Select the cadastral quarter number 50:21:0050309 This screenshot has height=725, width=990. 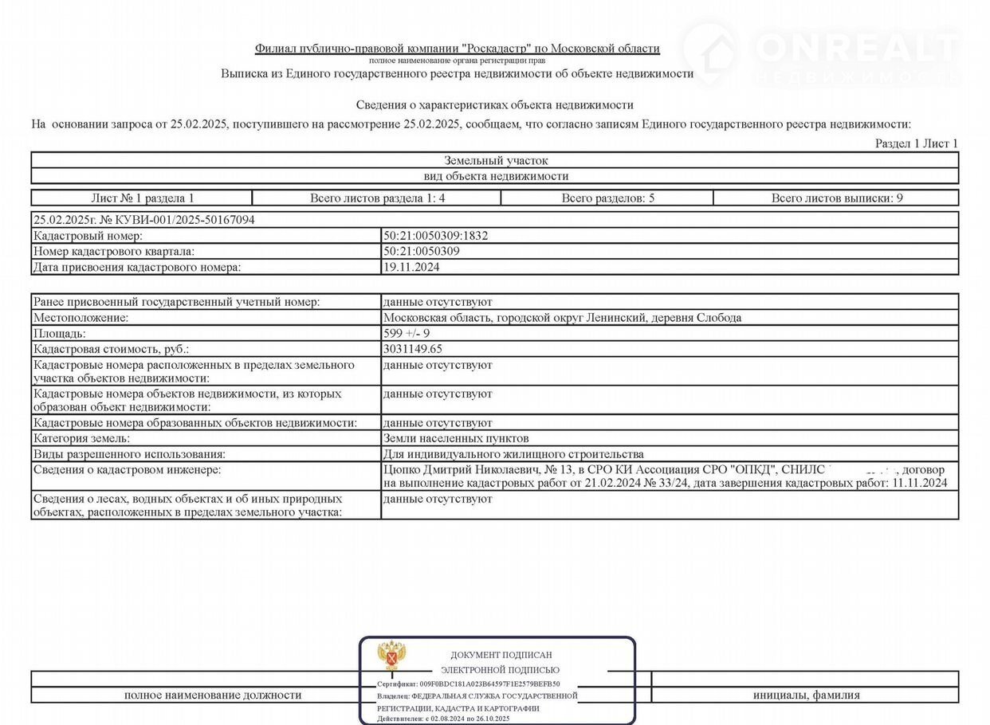tap(421, 251)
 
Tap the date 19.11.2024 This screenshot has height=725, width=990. tap(411, 267)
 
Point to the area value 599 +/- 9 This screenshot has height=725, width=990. tap(407, 334)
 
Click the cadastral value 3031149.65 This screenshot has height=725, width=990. tap(413, 349)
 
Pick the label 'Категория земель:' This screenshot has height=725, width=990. tap(81, 438)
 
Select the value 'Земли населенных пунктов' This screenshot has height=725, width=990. tap(456, 438)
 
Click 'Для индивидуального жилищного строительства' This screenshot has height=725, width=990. tap(513, 454)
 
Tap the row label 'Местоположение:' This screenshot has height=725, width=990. tap(81, 318)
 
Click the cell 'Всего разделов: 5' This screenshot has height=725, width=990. tap(607, 198)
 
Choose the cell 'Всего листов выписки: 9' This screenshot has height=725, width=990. tap(836, 198)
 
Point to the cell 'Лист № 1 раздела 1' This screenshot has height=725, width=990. tap(142, 198)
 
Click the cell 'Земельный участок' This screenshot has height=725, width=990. tap(495, 160)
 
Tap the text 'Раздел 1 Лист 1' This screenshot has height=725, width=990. tap(917, 143)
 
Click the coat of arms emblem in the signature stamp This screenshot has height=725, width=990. tap(391, 656)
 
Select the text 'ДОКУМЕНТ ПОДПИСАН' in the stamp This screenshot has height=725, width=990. tap(501, 655)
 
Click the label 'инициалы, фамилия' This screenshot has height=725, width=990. tap(806, 695)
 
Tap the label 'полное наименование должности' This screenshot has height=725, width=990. tap(213, 695)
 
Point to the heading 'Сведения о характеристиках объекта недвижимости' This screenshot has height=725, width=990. tap(494, 105)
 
